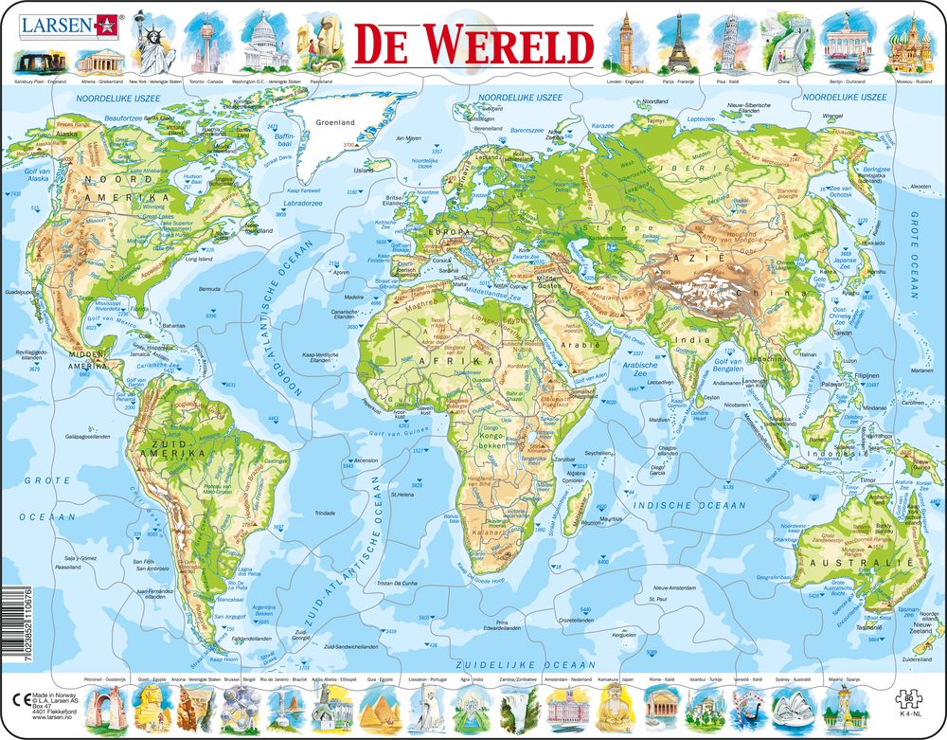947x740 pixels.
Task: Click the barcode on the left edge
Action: pyautogui.click(x=8, y=615)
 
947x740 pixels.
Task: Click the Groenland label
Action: pyautogui.click(x=334, y=122)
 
